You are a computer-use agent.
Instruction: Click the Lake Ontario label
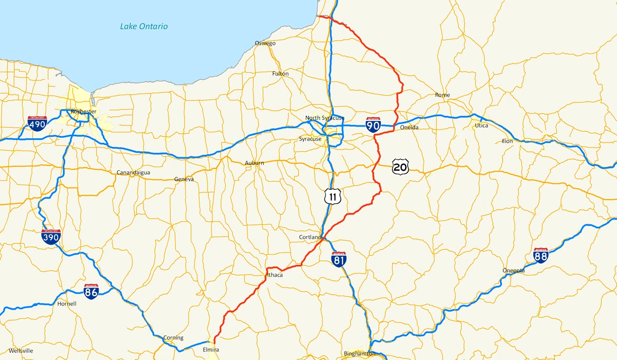coord(144,26)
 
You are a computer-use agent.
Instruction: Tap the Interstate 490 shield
coord(38,123)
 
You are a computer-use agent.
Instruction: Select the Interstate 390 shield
coord(51,237)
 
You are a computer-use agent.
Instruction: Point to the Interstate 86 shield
coord(92,291)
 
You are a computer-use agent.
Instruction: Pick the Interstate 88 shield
coord(541,256)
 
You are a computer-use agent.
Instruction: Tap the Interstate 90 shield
coord(373,124)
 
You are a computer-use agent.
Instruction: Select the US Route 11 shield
coord(333,196)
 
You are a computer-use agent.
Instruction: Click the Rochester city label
coord(84,112)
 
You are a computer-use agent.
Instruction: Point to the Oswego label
coord(265,43)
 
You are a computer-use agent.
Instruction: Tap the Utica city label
coord(482,125)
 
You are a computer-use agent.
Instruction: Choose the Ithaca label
coord(275,275)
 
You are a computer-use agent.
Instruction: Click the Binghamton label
coord(360,354)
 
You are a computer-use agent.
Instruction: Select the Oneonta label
coord(514,271)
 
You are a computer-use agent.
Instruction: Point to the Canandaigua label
coord(133,172)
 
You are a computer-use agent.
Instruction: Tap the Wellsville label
coord(21,351)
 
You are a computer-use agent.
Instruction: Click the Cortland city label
coord(310,237)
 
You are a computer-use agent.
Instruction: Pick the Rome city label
coord(442,95)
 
